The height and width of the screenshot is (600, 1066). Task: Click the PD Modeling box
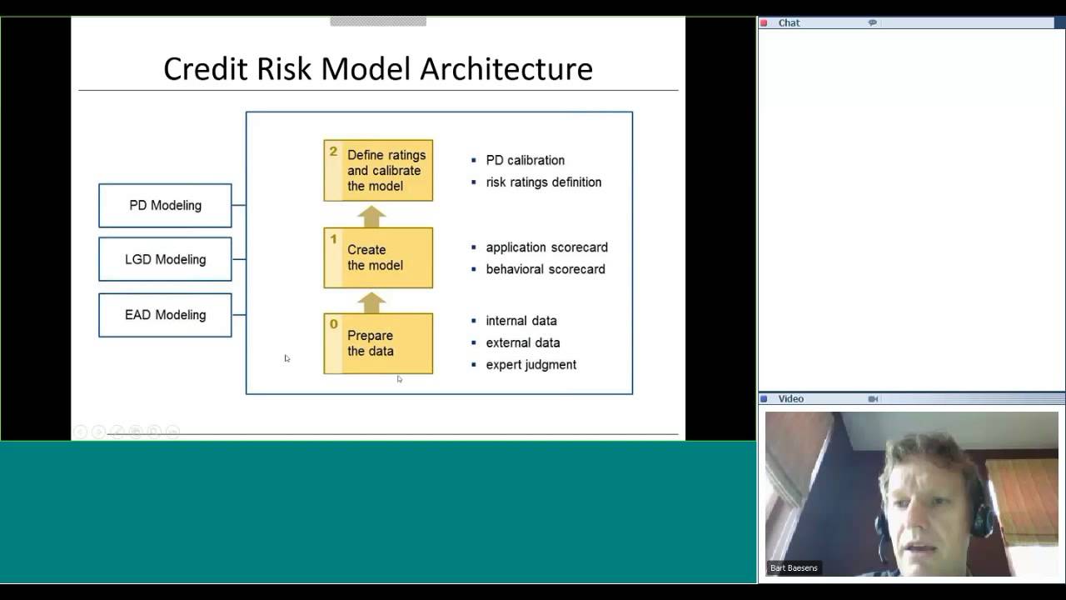(x=165, y=206)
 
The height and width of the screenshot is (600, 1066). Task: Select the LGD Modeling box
(x=165, y=259)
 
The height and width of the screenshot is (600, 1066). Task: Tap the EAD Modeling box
(x=165, y=315)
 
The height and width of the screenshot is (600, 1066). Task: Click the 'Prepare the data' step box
(x=378, y=343)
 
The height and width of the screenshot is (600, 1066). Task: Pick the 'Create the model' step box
(x=378, y=257)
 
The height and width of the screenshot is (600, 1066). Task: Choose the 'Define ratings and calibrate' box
(x=378, y=170)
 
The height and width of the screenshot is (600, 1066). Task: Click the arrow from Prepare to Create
(x=371, y=302)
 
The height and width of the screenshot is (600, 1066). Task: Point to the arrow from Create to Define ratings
(x=371, y=216)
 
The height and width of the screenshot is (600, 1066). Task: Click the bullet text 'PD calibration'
(x=525, y=160)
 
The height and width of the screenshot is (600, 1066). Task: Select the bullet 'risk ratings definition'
(x=543, y=182)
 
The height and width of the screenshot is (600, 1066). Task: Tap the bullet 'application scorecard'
(x=546, y=247)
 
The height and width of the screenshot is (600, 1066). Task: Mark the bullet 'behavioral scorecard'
(x=545, y=269)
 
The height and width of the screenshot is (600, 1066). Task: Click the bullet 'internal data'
(x=521, y=321)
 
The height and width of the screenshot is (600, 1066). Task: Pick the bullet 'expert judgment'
(x=531, y=364)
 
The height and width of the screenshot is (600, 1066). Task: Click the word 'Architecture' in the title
(x=506, y=68)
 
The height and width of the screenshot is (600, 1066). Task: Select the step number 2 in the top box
(x=333, y=152)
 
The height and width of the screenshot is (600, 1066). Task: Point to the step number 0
(x=334, y=324)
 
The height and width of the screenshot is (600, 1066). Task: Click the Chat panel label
(x=789, y=23)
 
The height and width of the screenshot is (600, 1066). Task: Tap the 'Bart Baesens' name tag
(x=794, y=568)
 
